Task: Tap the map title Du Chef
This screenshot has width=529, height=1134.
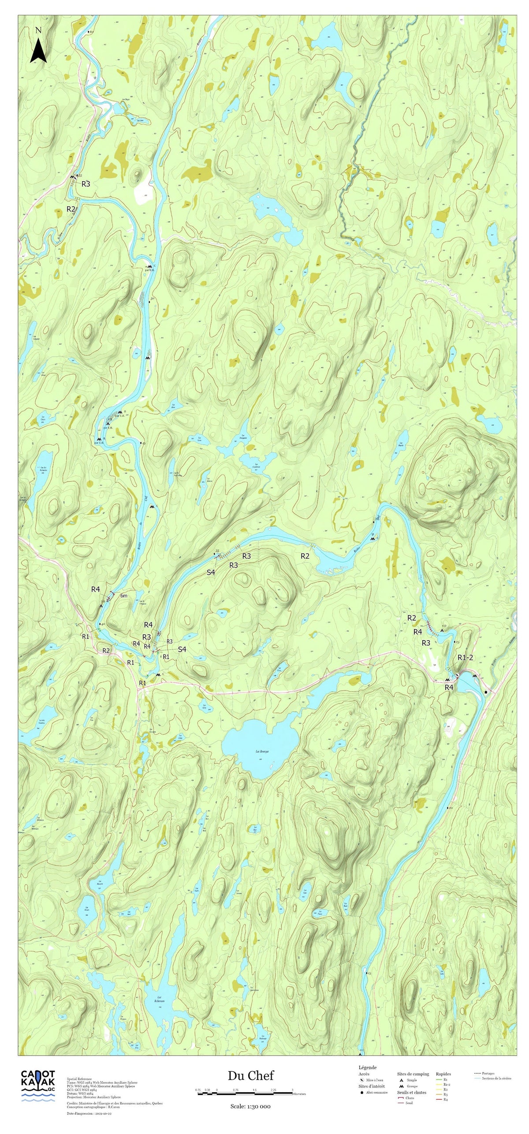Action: (x=250, y=1076)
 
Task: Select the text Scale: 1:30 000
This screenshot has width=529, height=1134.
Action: (x=250, y=1106)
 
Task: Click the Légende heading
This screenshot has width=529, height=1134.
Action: (x=367, y=1067)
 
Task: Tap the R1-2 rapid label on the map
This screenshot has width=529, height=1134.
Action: (x=465, y=657)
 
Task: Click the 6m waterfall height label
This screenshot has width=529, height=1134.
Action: (x=124, y=596)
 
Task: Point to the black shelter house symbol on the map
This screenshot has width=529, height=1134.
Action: (x=486, y=692)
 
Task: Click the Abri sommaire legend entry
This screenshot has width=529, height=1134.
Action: (x=376, y=1092)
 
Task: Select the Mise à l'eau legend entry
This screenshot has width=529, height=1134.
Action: (x=374, y=1080)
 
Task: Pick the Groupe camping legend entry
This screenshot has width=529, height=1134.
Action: (x=412, y=1086)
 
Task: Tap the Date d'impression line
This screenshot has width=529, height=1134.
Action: (x=89, y=1113)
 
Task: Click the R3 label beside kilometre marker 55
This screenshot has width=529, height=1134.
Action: (x=86, y=184)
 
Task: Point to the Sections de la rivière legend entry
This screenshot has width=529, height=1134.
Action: (x=496, y=1078)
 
